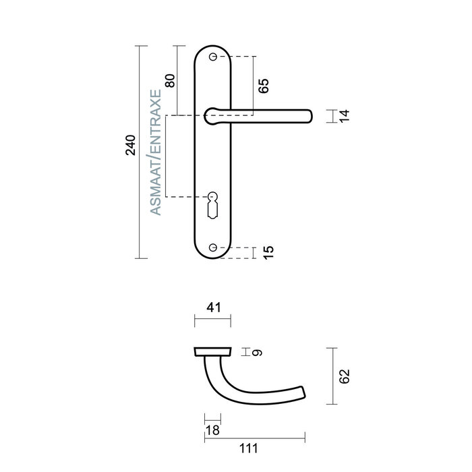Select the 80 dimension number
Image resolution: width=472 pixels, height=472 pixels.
(x=170, y=80)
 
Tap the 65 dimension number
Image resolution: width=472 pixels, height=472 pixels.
(x=264, y=86)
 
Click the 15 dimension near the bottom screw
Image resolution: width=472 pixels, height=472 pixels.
(x=268, y=253)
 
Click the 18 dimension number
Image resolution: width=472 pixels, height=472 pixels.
(x=212, y=431)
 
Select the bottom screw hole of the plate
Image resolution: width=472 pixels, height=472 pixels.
(x=214, y=248)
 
